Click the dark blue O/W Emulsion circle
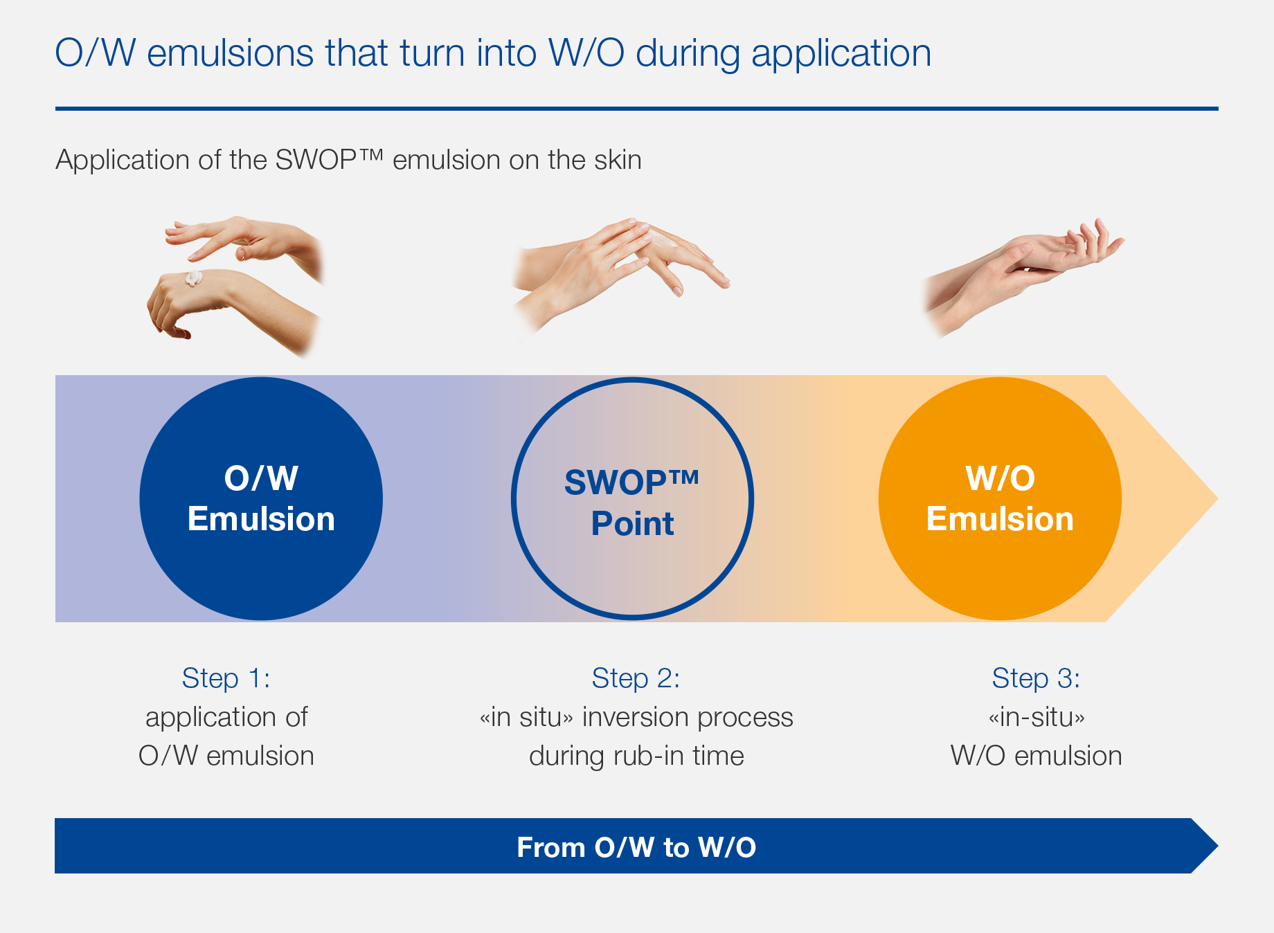pyautogui.click(x=261, y=498)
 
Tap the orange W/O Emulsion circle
pyautogui.click(x=1000, y=498)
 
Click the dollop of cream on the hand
pyautogui.click(x=193, y=278)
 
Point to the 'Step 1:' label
pyautogui.click(x=226, y=678)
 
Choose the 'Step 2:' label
pyautogui.click(x=636, y=678)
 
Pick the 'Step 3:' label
pyautogui.click(x=1036, y=678)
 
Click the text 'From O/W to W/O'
pyautogui.click(x=636, y=847)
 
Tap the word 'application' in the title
pyautogui.click(x=841, y=54)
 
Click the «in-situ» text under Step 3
pyautogui.click(x=1037, y=717)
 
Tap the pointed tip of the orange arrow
pyautogui.click(x=1217, y=498)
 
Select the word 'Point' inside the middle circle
pyautogui.click(x=632, y=523)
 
